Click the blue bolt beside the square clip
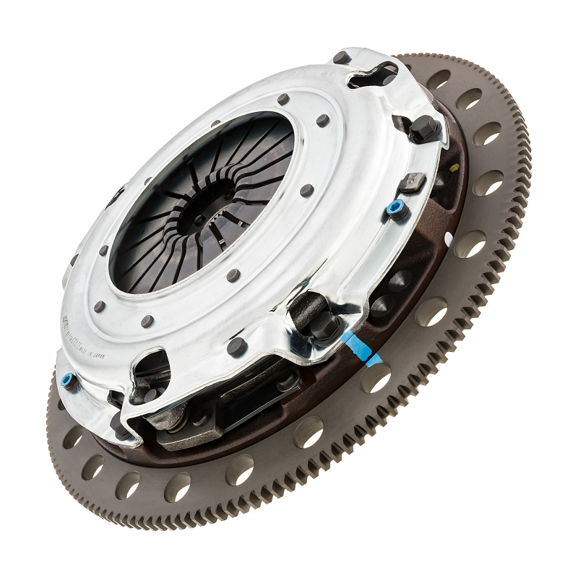394,209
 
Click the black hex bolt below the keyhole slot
424,129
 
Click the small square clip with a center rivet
414,182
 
